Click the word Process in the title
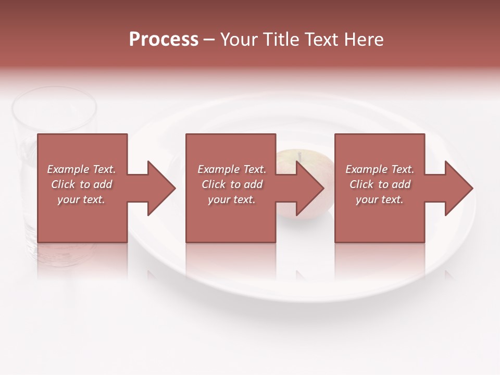pyautogui.click(x=164, y=40)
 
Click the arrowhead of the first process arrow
pyautogui.click(x=160, y=188)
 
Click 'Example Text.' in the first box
pyautogui.click(x=81, y=169)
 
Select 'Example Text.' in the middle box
pyautogui.click(x=231, y=169)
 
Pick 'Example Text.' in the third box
pyautogui.click(x=380, y=169)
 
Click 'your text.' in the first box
pyautogui.click(x=81, y=199)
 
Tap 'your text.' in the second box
pyautogui.click(x=231, y=199)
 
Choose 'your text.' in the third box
pyautogui.click(x=380, y=199)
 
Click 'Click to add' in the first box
pyautogui.click(x=81, y=184)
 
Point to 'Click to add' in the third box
pyautogui.click(x=380, y=184)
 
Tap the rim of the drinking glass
pyautogui.click(x=54, y=94)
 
